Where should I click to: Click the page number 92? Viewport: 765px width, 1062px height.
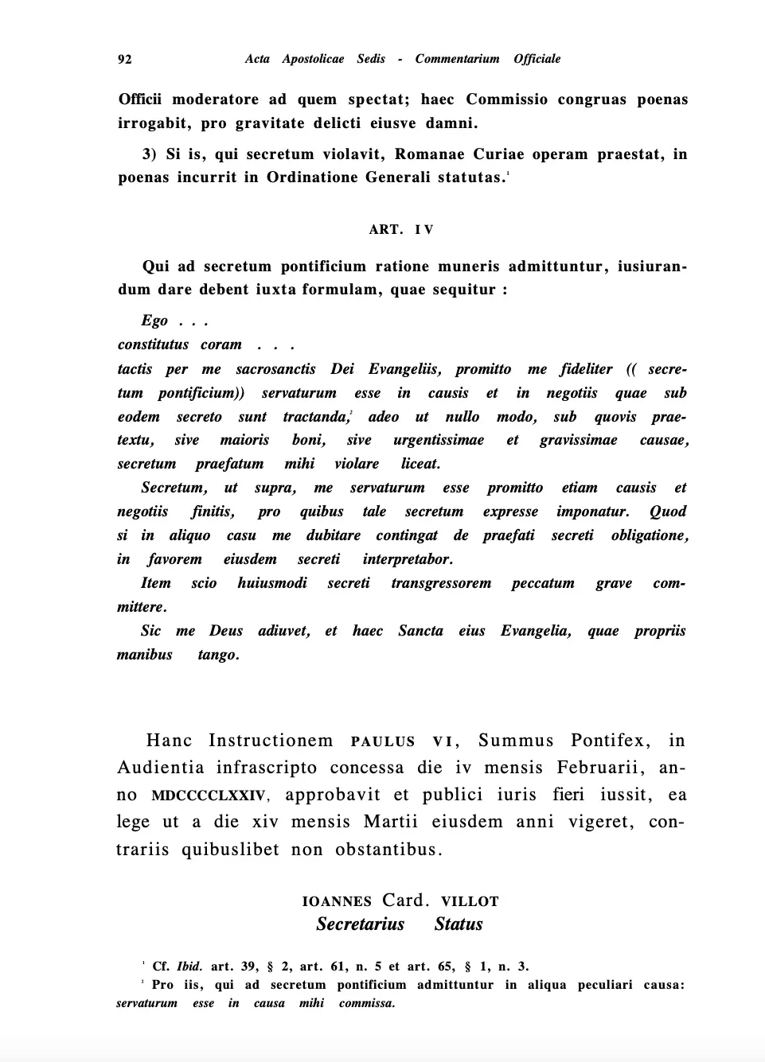click(x=125, y=59)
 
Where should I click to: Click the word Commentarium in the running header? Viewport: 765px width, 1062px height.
click(x=457, y=59)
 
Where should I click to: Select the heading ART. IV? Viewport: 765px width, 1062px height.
click(x=401, y=230)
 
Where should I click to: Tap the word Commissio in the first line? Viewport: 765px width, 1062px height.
click(x=506, y=99)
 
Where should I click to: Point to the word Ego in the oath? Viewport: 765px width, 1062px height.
click(x=154, y=321)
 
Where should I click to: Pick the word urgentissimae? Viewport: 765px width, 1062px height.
click(x=438, y=440)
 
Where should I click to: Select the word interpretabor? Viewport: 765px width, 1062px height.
click(x=408, y=559)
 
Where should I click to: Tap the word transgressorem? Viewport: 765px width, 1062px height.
click(x=441, y=583)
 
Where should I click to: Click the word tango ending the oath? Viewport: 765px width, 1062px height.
click(x=218, y=655)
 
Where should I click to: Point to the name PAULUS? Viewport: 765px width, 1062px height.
click(x=383, y=741)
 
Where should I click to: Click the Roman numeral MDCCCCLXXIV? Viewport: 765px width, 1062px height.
click(x=209, y=796)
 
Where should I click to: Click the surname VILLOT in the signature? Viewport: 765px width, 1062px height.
click(x=470, y=901)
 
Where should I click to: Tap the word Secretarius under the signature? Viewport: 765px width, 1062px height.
click(x=360, y=924)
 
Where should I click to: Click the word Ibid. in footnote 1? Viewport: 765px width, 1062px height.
click(x=189, y=967)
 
